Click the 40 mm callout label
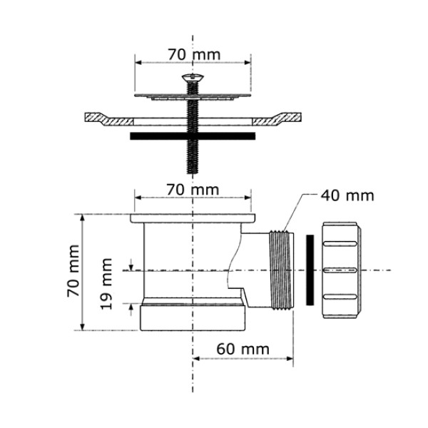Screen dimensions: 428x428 point(347,195)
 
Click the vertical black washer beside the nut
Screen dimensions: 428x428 point(310,270)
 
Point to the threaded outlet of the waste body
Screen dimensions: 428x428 point(282,271)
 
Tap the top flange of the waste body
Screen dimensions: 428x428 point(193,217)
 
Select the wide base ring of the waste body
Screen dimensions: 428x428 point(193,317)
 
